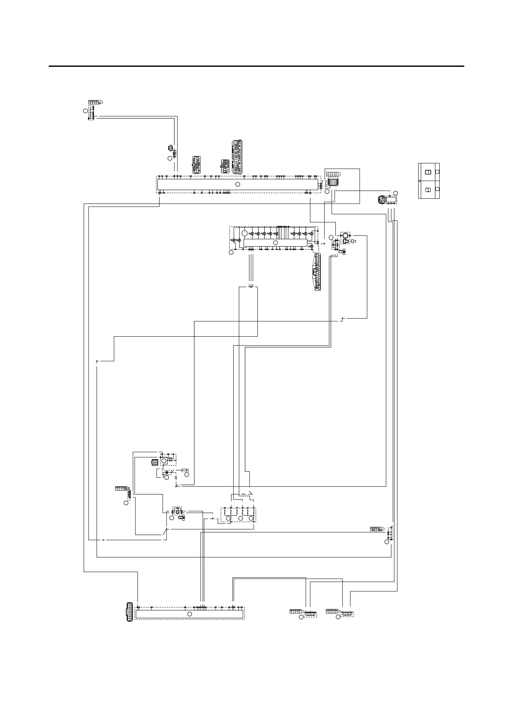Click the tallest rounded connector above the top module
coord(237,156)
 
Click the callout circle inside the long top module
coord(238,184)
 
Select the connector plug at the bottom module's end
coord(128,612)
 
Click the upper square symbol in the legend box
coord(428,172)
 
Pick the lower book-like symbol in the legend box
coord(428,189)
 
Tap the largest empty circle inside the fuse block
coord(245,233)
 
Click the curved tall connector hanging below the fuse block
coord(317,272)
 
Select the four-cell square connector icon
coord(154,463)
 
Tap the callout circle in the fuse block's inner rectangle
coord(276,243)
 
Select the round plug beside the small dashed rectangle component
coord(380,200)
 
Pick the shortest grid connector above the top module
coord(225,166)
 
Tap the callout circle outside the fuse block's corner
coord(231,252)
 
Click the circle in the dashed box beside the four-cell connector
coord(164,461)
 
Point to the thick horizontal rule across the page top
coord(256,66)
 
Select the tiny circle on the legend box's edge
coord(419,181)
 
